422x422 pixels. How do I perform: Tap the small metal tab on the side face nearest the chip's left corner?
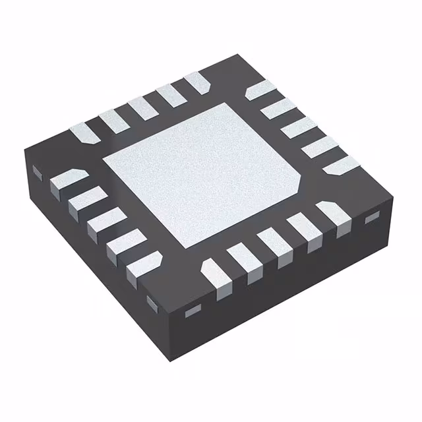point(38,173)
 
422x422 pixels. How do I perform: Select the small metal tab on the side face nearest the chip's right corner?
point(373,217)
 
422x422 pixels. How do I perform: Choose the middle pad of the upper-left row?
point(142,105)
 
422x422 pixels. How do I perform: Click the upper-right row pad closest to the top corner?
point(258,92)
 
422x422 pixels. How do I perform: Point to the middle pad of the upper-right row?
point(297,127)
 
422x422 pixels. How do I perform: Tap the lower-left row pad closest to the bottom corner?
point(142,266)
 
